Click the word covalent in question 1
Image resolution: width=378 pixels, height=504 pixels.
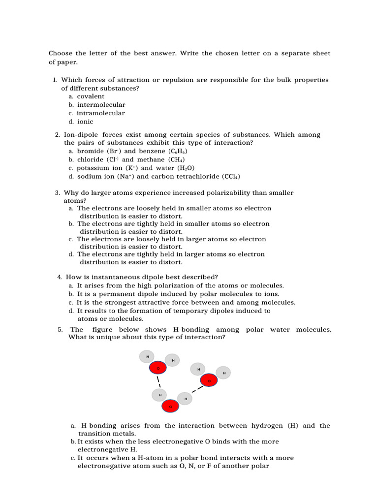91,96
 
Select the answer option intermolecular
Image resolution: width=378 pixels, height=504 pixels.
101,105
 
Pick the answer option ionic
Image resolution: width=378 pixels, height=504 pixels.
85,122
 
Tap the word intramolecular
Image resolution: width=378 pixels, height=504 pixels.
101,113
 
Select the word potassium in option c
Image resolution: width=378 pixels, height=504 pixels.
93,168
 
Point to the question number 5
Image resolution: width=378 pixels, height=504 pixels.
60,329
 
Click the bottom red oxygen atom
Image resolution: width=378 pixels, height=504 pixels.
170,407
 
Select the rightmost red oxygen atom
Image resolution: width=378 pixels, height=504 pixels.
209,380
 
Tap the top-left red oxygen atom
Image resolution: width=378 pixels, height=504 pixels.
157,368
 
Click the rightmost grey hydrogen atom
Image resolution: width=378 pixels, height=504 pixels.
223,373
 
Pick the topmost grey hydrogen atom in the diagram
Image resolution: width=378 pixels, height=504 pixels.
147,356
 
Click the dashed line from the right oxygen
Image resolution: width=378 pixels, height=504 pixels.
197,389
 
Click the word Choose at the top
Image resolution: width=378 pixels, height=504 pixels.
60,53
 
